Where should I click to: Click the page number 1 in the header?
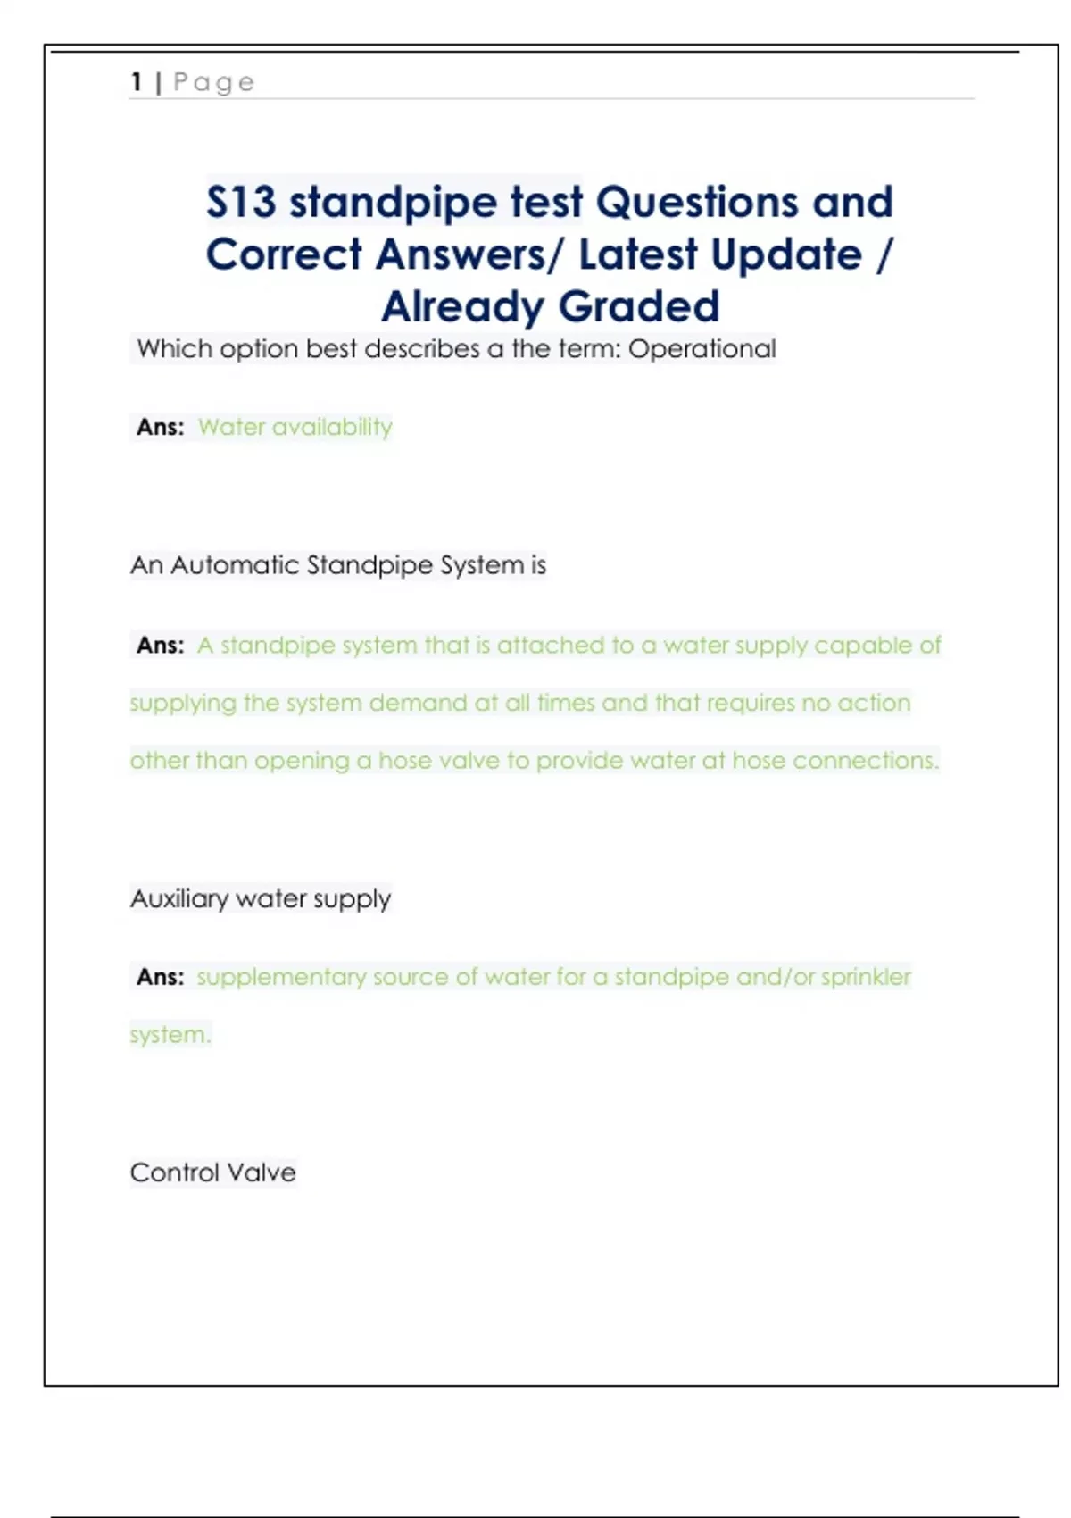pos(137,82)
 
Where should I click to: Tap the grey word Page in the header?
pos(214,83)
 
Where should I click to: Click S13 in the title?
pos(241,202)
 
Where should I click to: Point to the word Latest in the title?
pos(637,254)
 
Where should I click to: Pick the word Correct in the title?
pos(284,254)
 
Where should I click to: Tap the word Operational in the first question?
pos(702,349)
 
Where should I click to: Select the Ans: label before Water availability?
pos(161,428)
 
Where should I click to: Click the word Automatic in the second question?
pos(235,565)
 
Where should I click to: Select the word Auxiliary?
pos(178,899)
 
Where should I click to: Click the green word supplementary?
pos(281,978)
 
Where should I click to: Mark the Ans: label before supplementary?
pos(161,978)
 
